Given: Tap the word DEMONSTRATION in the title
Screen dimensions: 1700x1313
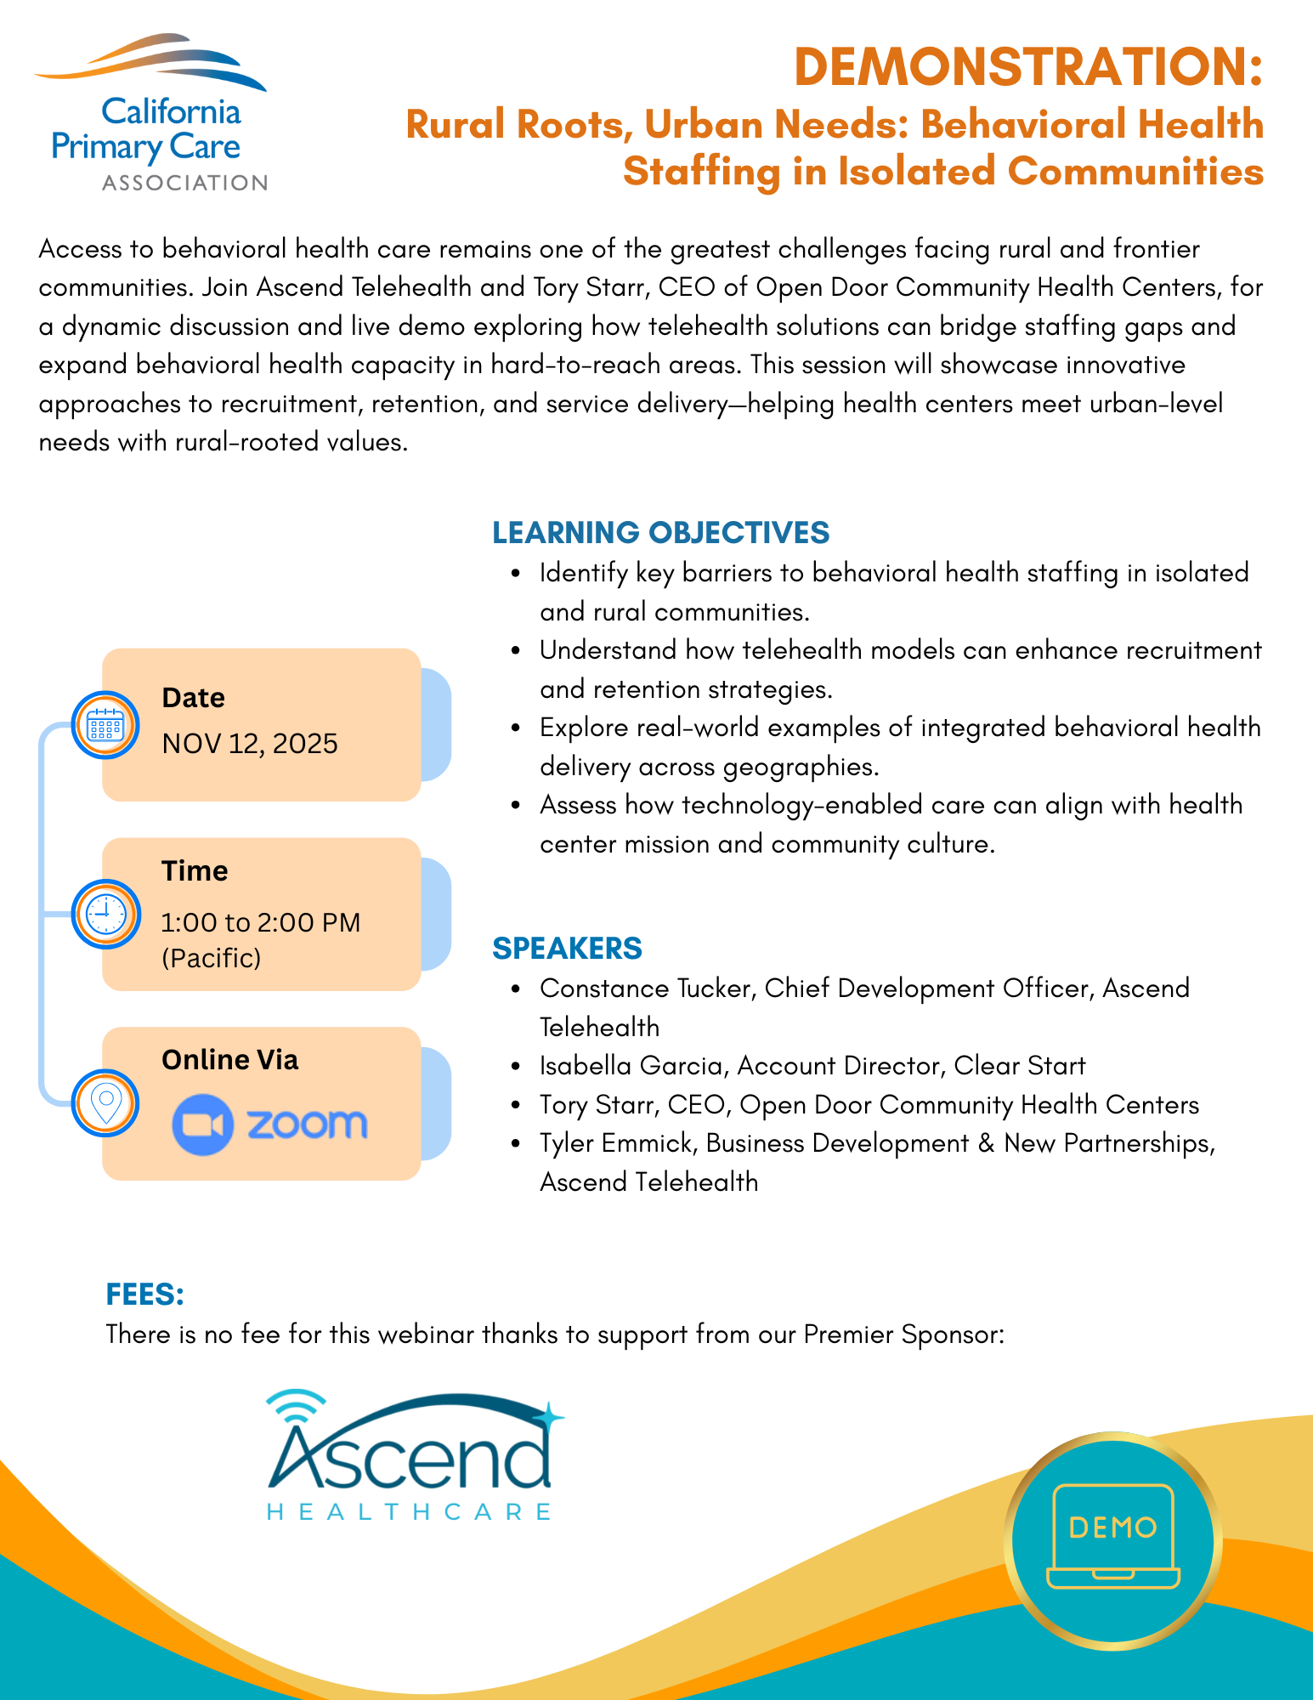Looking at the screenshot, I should click(x=1027, y=67).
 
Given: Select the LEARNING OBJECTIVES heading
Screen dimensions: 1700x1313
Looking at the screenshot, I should click(x=660, y=533).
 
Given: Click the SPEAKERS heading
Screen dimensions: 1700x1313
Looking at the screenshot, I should click(x=567, y=949).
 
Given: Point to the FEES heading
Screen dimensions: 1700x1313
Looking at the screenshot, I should click(x=144, y=1295).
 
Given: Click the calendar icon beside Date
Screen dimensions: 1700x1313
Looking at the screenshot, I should click(x=105, y=726).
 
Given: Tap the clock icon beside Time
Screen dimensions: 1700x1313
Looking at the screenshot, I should click(x=105, y=915).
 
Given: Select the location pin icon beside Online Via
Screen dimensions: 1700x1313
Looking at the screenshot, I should click(x=105, y=1103).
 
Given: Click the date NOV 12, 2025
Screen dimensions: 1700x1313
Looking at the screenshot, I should click(x=250, y=744).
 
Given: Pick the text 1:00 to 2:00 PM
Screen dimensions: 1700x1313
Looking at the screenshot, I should click(x=261, y=922).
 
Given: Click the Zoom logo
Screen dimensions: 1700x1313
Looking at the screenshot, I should click(x=269, y=1125).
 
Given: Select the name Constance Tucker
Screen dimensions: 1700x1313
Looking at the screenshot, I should click(x=647, y=989).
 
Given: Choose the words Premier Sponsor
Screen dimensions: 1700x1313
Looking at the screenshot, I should click(x=903, y=1334).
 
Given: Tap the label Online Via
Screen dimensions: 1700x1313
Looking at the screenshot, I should click(x=229, y=1060).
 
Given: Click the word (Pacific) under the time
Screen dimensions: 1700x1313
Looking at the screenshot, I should click(x=211, y=959).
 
